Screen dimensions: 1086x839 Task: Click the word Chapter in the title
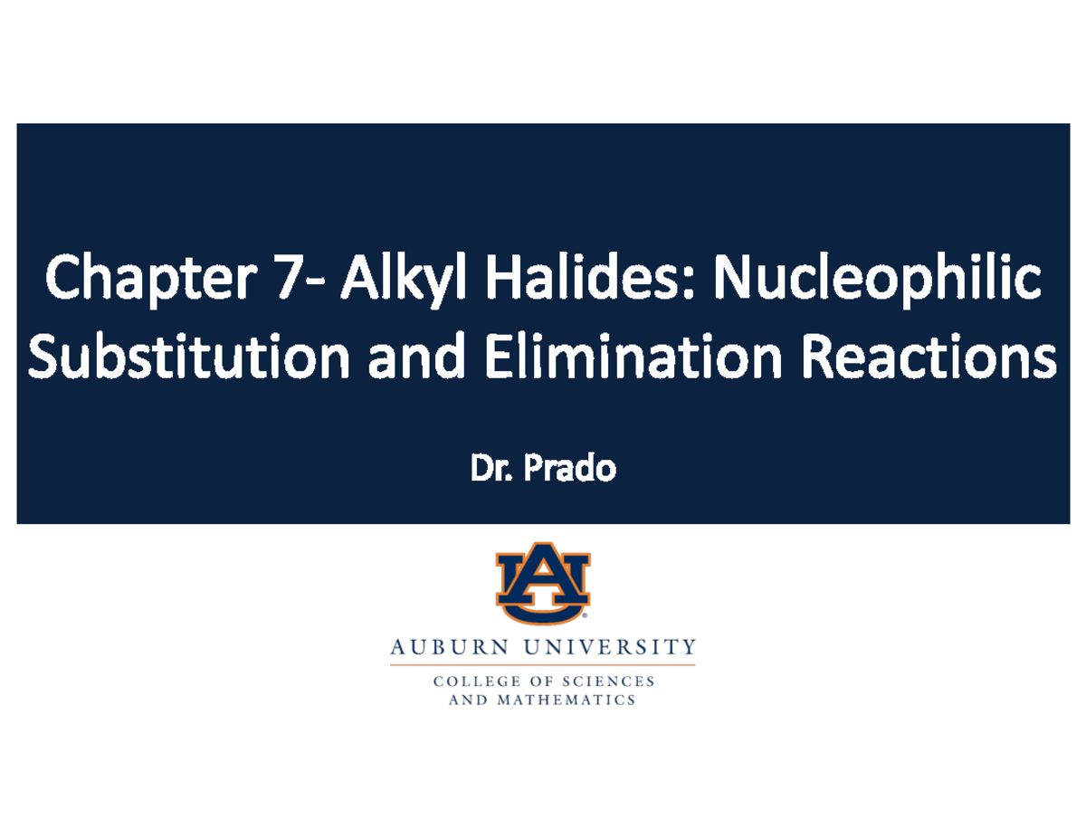(x=151, y=280)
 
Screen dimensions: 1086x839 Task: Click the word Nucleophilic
(x=877, y=280)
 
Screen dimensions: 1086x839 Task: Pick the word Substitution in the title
(x=189, y=357)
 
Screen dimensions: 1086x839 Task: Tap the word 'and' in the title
(x=415, y=358)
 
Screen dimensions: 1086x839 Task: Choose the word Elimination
(x=633, y=357)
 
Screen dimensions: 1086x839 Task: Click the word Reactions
(x=929, y=358)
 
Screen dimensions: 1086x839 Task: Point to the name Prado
(x=570, y=468)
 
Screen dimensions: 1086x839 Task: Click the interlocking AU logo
(x=543, y=583)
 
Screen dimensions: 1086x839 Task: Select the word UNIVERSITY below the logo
(x=610, y=648)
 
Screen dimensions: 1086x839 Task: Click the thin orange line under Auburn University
(x=543, y=665)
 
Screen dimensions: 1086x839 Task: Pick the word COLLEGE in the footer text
(x=471, y=682)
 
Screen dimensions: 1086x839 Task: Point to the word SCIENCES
(x=609, y=682)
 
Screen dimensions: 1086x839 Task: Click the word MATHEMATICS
(x=567, y=701)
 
